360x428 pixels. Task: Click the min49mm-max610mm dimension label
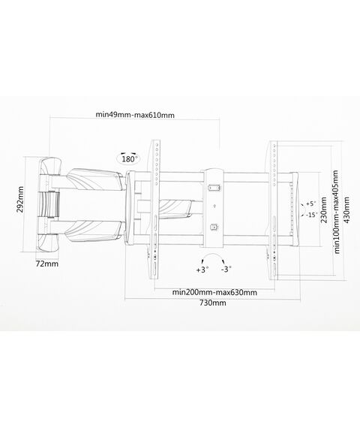pos(135,115)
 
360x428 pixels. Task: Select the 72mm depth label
pos(47,264)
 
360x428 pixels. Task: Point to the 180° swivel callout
pos(129,158)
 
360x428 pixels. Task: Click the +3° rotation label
pos(202,270)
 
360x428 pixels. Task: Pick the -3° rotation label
pos(226,269)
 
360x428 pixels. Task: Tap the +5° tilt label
pos(310,203)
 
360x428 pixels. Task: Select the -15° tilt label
pos(312,215)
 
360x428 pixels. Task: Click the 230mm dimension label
pos(324,210)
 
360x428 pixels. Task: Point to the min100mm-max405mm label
pos(337,212)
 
